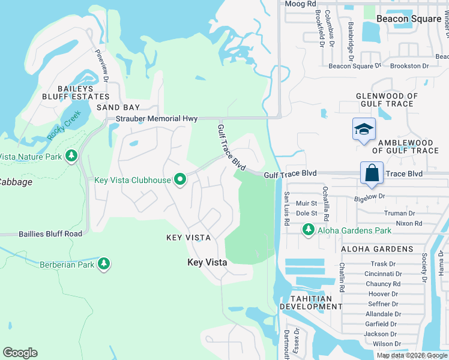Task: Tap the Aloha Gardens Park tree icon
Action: [x=309, y=230]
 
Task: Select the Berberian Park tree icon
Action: [x=104, y=264]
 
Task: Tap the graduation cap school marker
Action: [x=363, y=130]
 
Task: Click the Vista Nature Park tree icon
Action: [x=71, y=157]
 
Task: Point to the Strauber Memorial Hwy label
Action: [x=148, y=119]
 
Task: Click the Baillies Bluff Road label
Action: [x=41, y=233]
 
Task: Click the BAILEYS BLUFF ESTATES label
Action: [x=76, y=91]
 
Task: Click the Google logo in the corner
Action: [x=20, y=353]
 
